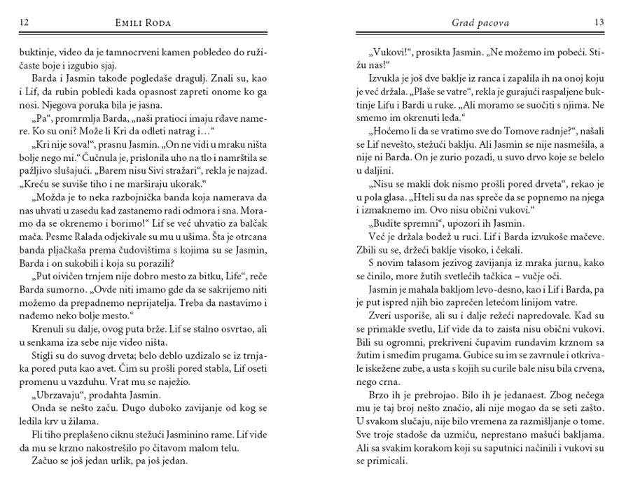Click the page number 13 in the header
click(599, 23)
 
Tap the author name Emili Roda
click(143, 23)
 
